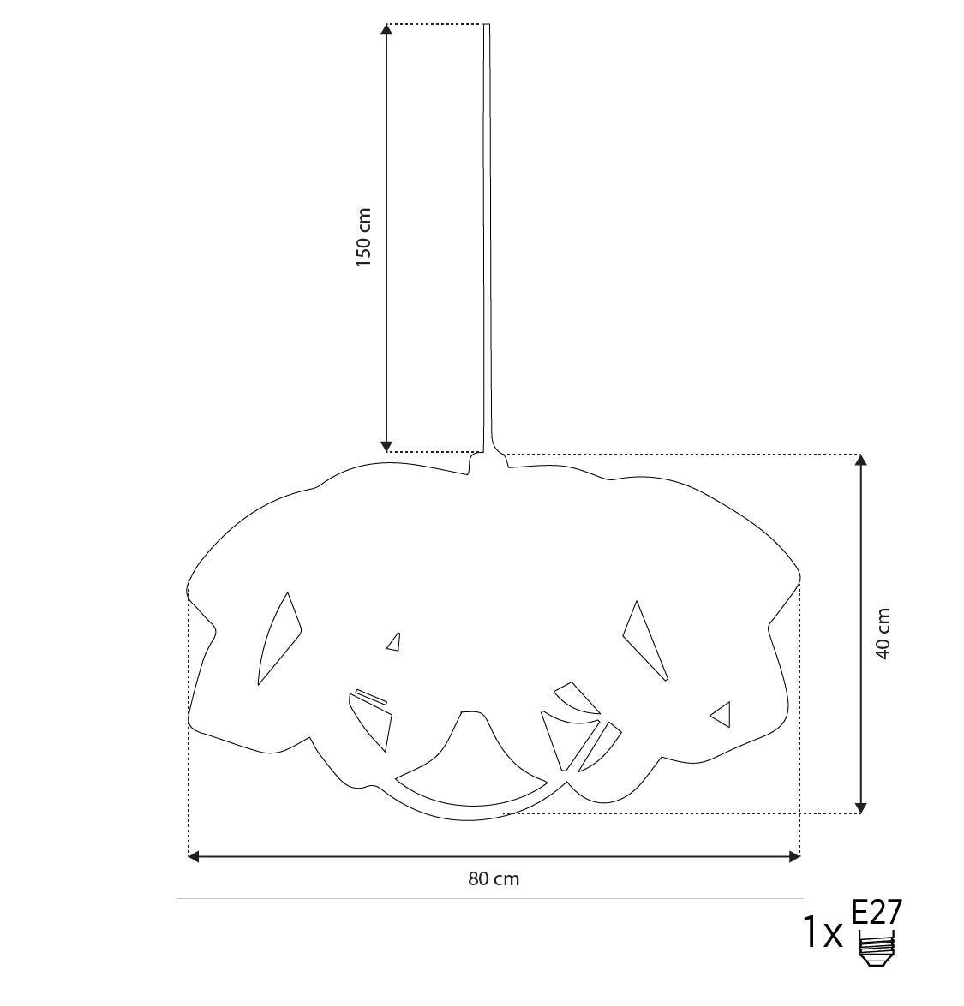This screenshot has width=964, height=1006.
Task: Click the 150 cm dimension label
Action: point(364,237)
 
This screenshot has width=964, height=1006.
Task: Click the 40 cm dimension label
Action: point(883,634)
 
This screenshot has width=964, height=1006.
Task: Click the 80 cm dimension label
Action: point(494,879)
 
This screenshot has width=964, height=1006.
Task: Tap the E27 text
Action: point(877,912)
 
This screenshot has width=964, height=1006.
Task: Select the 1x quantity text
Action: point(823,933)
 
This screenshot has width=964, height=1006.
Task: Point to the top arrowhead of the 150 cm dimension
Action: point(386,29)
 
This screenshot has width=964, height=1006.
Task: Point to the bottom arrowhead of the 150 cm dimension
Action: point(386,447)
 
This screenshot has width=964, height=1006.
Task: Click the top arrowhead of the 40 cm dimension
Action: point(861,460)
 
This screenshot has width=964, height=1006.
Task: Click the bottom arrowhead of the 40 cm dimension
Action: point(861,807)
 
